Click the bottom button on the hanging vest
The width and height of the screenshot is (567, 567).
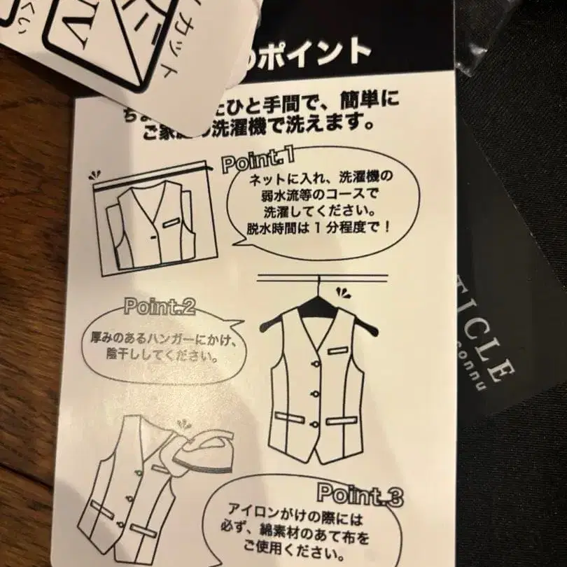314,423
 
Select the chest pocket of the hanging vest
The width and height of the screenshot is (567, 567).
341,349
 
